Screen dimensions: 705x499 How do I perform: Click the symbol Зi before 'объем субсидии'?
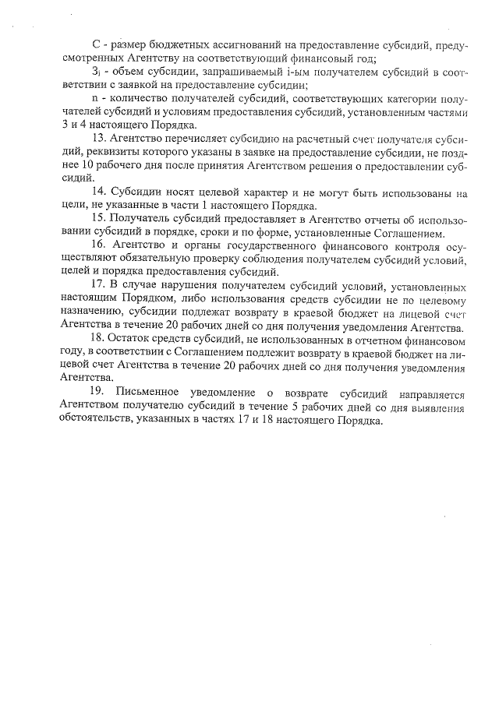(97, 73)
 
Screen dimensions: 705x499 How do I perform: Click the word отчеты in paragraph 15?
(353, 220)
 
